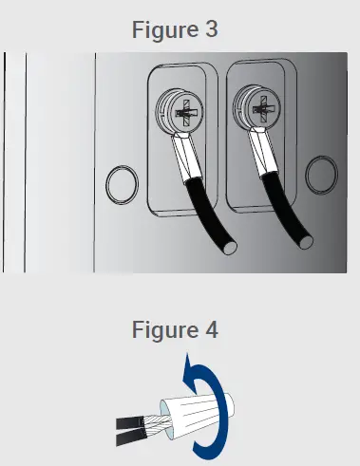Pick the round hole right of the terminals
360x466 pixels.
321,175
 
